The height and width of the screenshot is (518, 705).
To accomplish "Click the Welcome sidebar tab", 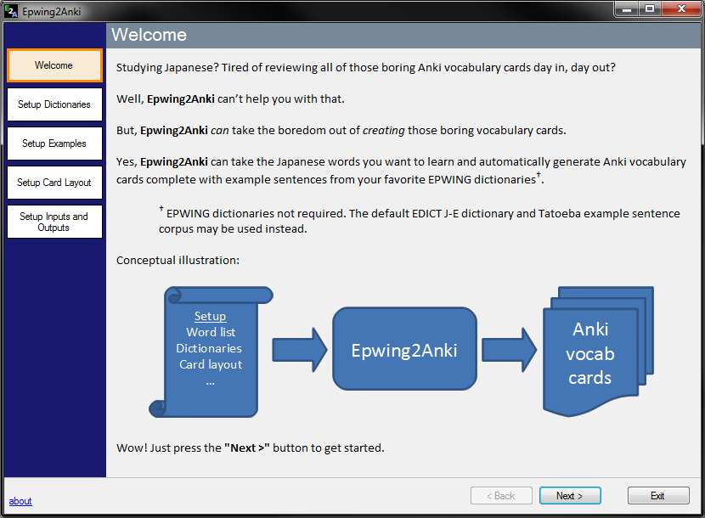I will [x=54, y=65].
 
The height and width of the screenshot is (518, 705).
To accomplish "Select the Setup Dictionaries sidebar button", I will [x=54, y=104].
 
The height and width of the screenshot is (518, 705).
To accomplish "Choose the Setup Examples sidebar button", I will [x=54, y=144].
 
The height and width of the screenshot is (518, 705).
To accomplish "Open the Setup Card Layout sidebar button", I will [x=54, y=183].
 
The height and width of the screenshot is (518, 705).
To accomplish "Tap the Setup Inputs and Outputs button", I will [x=54, y=222].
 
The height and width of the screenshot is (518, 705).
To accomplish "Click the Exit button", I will [x=657, y=496].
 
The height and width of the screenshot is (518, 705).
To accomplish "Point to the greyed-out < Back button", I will [x=500, y=496].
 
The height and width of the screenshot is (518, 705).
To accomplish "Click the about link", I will [x=20, y=501].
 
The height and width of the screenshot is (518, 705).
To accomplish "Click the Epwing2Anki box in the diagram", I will [x=404, y=349].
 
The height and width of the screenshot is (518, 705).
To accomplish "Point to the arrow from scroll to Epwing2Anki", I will [x=299, y=350].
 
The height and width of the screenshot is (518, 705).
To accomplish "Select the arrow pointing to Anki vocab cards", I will [x=509, y=350].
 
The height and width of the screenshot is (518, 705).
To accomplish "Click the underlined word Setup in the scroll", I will [x=210, y=316].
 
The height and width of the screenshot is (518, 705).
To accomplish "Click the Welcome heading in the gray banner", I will [x=149, y=35].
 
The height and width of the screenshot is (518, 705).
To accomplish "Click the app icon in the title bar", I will [x=10, y=11].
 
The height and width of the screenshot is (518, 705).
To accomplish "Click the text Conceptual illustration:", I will [x=178, y=260].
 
